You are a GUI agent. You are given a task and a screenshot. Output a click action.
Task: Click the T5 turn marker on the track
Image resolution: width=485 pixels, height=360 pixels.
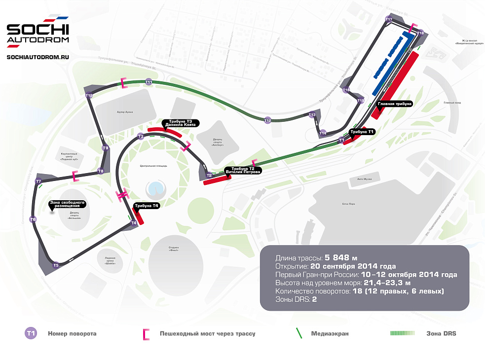click(56, 265)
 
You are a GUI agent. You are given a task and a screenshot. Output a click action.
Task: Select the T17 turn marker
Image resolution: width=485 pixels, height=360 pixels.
click(389, 19)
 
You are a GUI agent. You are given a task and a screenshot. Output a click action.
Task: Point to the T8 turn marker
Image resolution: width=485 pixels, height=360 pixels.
click(101, 171)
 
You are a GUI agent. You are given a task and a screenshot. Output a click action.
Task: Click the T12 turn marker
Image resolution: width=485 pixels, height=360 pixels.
click(267, 120)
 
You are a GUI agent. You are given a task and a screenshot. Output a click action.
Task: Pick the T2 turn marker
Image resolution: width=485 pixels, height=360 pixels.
click(209, 175)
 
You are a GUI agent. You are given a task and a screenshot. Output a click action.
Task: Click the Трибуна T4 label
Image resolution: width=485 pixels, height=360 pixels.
click(147, 206)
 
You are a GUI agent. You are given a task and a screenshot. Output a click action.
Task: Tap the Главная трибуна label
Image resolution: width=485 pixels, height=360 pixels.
click(394, 104)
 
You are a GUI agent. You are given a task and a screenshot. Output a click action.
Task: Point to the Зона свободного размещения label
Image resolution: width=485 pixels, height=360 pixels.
click(68, 204)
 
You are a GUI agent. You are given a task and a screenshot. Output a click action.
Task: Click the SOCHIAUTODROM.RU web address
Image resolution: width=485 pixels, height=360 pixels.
click(37, 57)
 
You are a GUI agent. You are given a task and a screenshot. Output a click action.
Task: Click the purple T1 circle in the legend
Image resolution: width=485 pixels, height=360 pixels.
click(31, 334)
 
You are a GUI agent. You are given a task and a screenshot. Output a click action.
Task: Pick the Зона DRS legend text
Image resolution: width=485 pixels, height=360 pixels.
click(441, 334)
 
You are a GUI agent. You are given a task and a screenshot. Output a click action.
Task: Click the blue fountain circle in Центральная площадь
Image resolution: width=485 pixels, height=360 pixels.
click(156, 188)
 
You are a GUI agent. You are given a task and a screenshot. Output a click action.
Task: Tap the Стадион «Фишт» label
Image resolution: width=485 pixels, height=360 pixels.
click(173, 248)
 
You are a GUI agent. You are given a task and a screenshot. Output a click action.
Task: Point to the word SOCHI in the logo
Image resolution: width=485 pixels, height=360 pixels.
click(37, 29)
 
